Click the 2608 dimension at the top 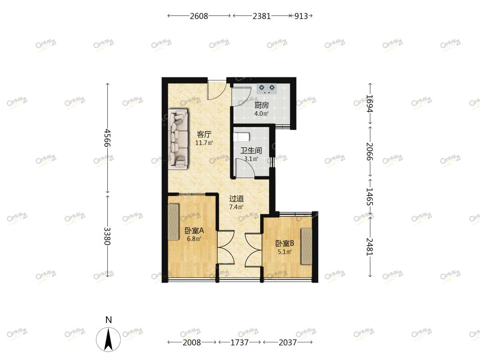[x=199, y=16]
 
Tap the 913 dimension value [x=301, y=16]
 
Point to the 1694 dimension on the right [x=370, y=104]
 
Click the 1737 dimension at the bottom [x=240, y=342]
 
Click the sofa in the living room [x=179, y=139]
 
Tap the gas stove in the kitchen [x=267, y=89]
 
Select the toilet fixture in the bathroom [x=241, y=136]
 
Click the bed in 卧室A [x=173, y=222]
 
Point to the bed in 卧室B [x=307, y=246]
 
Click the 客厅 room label [x=204, y=135]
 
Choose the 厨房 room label [x=262, y=105]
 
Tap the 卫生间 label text [x=251, y=150]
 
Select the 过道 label [x=237, y=199]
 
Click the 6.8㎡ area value [x=194, y=239]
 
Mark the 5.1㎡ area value [x=285, y=252]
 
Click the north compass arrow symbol [x=108, y=339]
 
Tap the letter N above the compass [x=108, y=320]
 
